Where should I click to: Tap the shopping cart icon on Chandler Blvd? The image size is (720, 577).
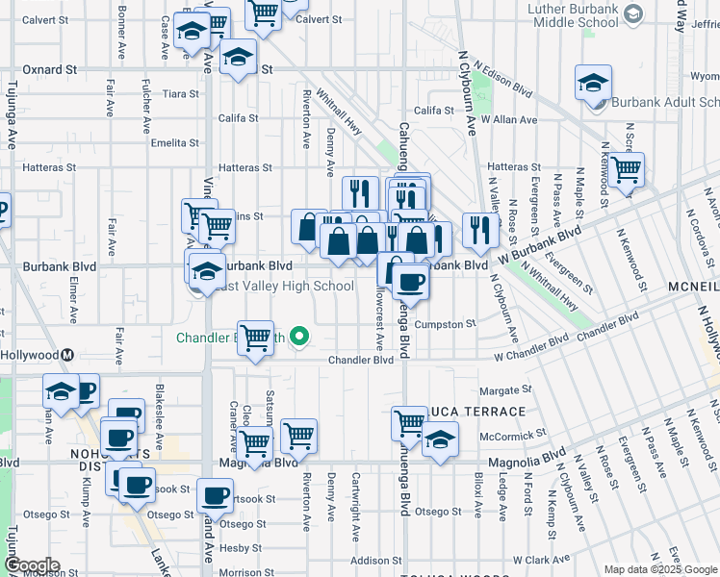(255, 339)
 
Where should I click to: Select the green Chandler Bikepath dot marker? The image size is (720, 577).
(299, 337)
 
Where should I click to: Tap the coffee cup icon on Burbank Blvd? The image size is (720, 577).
(410, 281)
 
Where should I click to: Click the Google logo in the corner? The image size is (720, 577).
(33, 565)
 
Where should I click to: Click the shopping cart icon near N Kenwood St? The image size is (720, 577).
(626, 170)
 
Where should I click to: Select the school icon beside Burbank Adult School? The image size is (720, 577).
(593, 83)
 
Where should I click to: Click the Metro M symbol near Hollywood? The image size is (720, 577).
(68, 354)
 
